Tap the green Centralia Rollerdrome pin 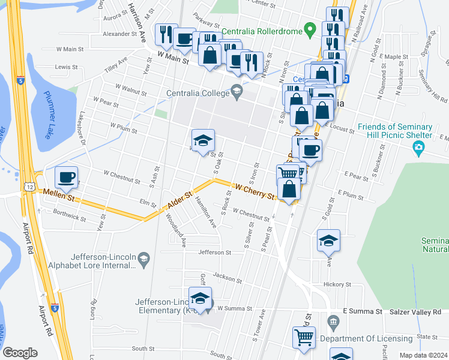(x=310, y=28)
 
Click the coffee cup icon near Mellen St (x=66, y=178)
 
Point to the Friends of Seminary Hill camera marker (x=427, y=148)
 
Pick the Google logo (x=20, y=353)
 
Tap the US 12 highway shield (x=29, y=188)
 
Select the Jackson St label (x=226, y=278)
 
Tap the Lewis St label (x=67, y=67)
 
